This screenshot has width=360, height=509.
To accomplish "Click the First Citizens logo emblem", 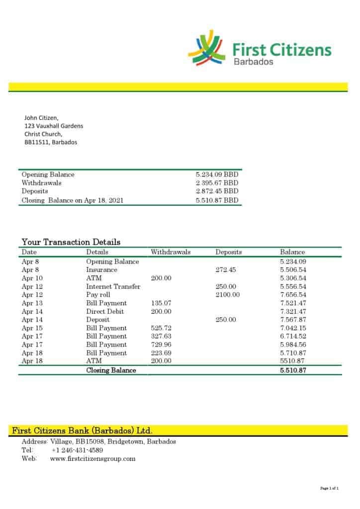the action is pos(206,48).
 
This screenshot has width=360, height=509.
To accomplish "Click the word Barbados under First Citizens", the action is pos(253,62).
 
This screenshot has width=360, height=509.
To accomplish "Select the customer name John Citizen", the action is pos(41,118).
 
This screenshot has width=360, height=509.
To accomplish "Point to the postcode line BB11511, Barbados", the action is pos(51,142).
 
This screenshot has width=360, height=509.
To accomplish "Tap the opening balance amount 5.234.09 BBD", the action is pos(217,174).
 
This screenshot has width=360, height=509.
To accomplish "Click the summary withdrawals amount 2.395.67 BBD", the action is pos(217,183).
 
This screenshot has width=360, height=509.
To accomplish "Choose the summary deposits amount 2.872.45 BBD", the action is pos(217,191).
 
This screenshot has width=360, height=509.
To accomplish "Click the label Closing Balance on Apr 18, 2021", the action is pos(73,200).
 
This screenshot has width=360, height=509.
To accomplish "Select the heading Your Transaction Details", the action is pos(71,242).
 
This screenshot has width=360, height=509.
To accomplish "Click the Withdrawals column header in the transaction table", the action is pos(171,252).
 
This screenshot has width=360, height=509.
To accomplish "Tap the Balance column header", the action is pos(292,252).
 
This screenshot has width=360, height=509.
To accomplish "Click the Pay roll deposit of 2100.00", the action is pos(227,295).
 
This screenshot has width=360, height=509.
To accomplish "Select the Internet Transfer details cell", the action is pos(113,286).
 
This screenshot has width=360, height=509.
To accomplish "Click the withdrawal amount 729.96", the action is pos(161,344).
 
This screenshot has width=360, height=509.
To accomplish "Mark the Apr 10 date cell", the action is pos(32,278).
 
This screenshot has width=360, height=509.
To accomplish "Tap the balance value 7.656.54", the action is pos(293,295).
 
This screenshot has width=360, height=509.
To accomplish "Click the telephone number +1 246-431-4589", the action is pos(77,450).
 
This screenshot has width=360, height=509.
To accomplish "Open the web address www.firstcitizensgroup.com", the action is pos(92,458).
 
